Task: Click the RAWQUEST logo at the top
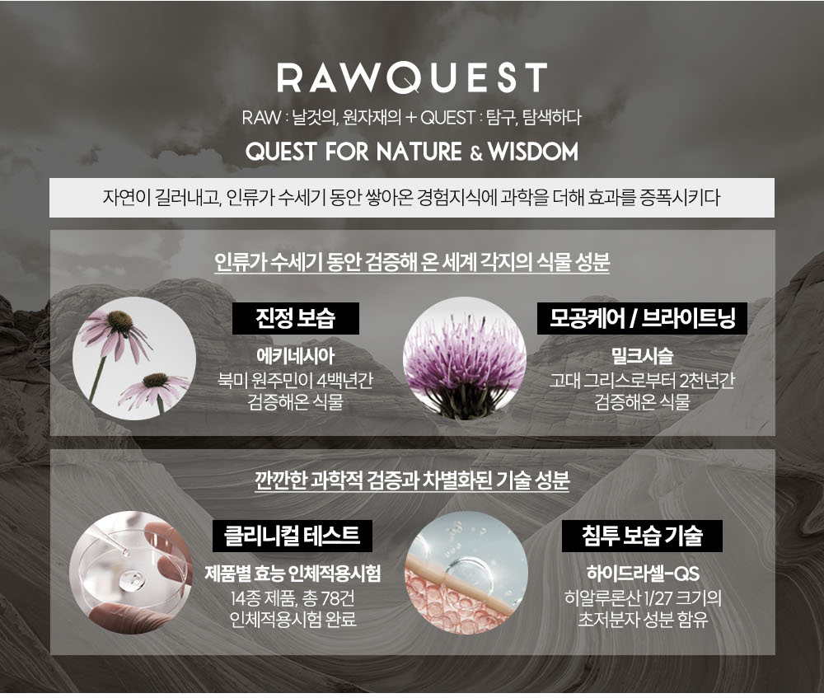[x=412, y=77]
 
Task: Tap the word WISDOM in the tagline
[x=533, y=152]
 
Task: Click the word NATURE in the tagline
[x=419, y=152]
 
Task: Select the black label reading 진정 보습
[x=296, y=319]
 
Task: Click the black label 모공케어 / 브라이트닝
[x=642, y=319]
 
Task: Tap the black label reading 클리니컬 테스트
[x=293, y=536]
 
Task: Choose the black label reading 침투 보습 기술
[x=642, y=536]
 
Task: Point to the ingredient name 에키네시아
[x=295, y=356]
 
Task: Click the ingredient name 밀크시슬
[x=642, y=356]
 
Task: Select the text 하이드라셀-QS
[x=643, y=574]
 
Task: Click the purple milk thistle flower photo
[x=465, y=358]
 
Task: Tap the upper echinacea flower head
[x=120, y=321]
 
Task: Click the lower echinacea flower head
[x=156, y=379]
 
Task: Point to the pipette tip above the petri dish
[x=126, y=552]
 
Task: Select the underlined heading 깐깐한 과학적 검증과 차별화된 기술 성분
[x=412, y=480]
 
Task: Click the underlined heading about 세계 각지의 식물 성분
[x=412, y=262]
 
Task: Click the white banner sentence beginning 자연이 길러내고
[x=411, y=198]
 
